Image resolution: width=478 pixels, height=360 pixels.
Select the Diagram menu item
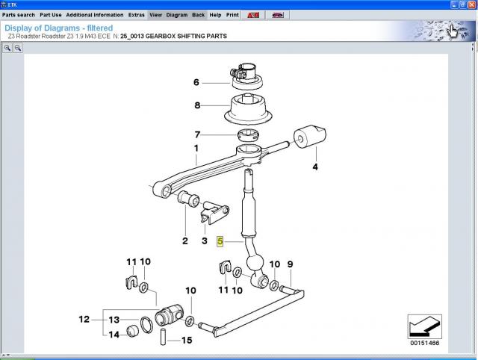coord(177,14)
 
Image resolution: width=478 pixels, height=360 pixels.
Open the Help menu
coord(215,14)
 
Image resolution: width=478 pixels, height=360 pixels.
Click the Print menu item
coord(232,14)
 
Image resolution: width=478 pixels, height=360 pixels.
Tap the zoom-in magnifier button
coord(7,47)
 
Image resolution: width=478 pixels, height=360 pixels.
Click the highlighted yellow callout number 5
coord(220,241)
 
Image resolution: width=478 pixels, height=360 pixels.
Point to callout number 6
coord(196,82)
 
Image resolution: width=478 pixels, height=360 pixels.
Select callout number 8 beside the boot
coord(197,105)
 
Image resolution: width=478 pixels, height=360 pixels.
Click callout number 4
coord(314,167)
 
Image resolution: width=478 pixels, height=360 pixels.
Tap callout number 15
coord(186,341)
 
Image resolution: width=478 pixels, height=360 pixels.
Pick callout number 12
coord(84,320)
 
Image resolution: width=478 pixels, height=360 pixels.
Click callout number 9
coord(291,264)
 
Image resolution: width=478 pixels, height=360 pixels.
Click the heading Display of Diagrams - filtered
coord(58,28)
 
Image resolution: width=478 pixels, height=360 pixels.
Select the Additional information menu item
coord(95,14)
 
